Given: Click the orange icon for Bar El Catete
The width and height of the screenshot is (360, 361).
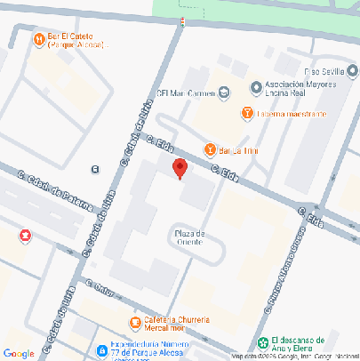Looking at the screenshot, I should [x=38, y=38].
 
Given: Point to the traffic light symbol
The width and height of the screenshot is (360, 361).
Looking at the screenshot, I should [x=182, y=21].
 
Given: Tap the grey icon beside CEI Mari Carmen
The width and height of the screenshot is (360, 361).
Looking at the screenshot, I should [x=224, y=91].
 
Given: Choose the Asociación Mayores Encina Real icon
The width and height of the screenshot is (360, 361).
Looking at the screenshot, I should [x=256, y=87].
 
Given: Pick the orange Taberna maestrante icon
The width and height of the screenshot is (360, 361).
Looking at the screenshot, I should [x=247, y=113].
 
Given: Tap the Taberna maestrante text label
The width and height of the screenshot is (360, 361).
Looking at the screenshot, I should [x=292, y=114].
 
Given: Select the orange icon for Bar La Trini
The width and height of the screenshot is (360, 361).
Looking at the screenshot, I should [x=210, y=148].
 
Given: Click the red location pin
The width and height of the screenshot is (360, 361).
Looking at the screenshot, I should [x=180, y=168].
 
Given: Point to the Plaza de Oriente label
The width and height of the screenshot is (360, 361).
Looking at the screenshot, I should [x=191, y=237].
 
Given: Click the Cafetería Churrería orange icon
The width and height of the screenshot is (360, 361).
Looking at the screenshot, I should [x=134, y=322].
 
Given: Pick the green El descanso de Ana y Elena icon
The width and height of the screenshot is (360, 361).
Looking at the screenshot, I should [x=261, y=343].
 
